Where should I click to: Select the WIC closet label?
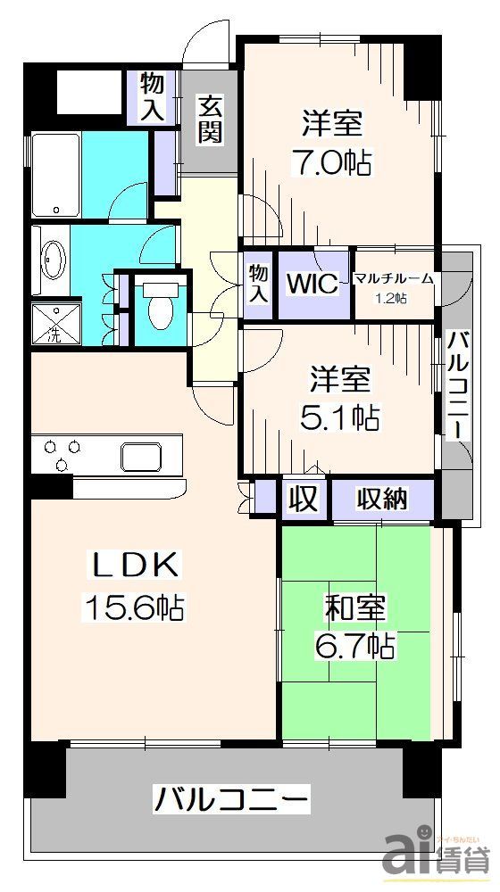click(x=312, y=285)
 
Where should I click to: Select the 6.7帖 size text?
click(x=354, y=644)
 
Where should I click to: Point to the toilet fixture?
click(x=161, y=307)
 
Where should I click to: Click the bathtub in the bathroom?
click(x=56, y=176)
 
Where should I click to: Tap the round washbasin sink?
click(x=51, y=260)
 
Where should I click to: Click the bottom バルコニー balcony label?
click(x=232, y=796)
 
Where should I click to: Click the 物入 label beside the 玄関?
click(x=153, y=97)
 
